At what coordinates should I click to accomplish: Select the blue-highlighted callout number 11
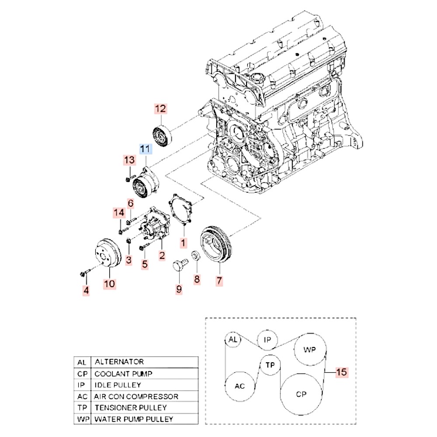click(146, 149)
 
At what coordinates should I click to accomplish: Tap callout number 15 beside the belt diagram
click(341, 372)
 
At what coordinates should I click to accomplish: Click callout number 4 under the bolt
click(86, 289)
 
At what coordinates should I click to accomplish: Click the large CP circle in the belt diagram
click(301, 394)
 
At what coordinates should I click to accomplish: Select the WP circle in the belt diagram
click(310, 350)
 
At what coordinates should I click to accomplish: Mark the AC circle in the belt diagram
click(239, 386)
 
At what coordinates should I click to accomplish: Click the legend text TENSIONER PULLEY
click(131, 408)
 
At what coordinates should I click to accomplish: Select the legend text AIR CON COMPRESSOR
click(136, 396)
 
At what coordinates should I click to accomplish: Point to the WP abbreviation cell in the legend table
click(82, 419)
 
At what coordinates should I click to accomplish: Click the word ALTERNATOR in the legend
click(119, 362)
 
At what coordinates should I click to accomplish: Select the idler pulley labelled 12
click(162, 136)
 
